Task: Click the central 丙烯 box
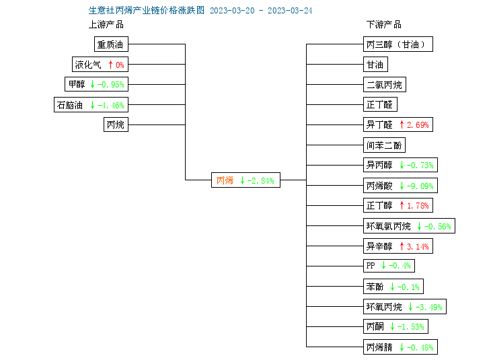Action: (x=245, y=180)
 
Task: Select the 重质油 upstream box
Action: (x=111, y=44)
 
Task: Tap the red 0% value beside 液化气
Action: (x=120, y=65)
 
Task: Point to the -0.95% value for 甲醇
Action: (x=111, y=85)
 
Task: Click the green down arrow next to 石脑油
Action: (x=92, y=105)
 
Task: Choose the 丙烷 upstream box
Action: (x=116, y=124)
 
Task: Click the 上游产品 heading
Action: (x=106, y=24)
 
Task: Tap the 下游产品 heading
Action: (x=384, y=24)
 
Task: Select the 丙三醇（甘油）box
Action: (x=398, y=44)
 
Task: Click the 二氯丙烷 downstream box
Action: (x=385, y=85)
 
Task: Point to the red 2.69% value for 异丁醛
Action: (x=418, y=125)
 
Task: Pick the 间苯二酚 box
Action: (x=384, y=145)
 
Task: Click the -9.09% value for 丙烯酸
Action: (x=420, y=186)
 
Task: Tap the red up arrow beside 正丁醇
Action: (x=402, y=205)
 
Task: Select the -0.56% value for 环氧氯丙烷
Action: (x=438, y=227)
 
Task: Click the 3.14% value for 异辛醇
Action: (x=418, y=246)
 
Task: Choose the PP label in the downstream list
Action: (x=371, y=266)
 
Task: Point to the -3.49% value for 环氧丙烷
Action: (x=429, y=308)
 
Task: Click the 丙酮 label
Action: (x=375, y=327)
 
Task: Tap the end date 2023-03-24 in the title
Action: (x=290, y=11)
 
